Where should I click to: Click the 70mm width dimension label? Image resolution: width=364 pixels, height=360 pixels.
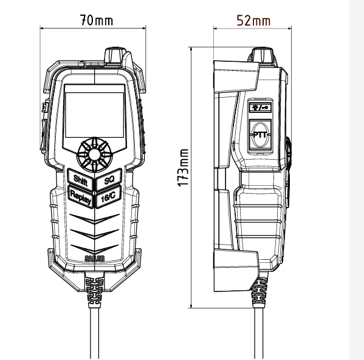click(x=97, y=20)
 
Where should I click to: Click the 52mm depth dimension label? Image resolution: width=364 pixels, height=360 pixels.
click(x=253, y=21)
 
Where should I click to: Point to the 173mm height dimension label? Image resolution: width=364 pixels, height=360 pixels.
click(x=183, y=168)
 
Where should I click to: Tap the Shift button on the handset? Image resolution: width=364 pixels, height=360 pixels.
click(x=81, y=180)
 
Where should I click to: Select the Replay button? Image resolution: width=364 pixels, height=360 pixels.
click(x=81, y=197)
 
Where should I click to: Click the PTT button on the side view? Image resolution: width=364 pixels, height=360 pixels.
click(x=260, y=135)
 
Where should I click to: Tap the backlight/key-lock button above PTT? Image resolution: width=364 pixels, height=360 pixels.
click(x=260, y=107)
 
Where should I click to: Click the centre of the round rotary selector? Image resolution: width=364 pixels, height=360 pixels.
click(x=94, y=155)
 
